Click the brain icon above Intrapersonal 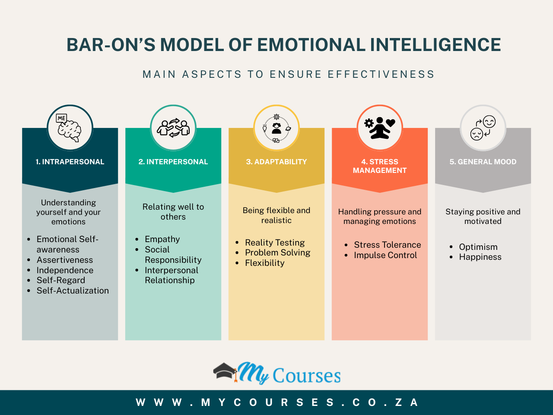coord(70,128)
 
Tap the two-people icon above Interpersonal coord(173,128)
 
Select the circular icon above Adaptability coord(276,128)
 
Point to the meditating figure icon coord(380,128)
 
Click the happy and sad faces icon coord(483,128)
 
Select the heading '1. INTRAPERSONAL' coord(70,162)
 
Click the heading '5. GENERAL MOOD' coord(483,162)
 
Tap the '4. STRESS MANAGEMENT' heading coord(380,166)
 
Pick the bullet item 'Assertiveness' coord(65,260)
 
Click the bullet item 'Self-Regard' coord(61,280)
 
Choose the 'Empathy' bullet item coord(162,239)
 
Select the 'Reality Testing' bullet coord(275,243)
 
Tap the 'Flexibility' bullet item coord(265,263)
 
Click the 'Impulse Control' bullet coord(385,255)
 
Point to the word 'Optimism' coord(478,247)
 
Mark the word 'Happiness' coord(480,257)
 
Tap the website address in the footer coord(276,402)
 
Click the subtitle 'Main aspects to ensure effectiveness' coord(289,74)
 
